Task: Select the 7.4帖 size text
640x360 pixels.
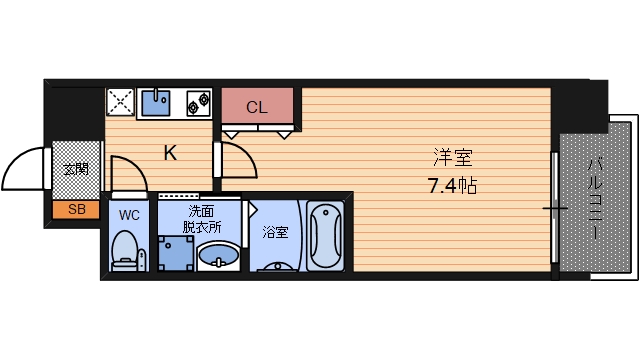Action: (451, 185)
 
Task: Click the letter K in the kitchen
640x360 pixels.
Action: (171, 153)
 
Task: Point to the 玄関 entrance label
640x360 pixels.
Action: (75, 168)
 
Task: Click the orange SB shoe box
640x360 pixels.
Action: (76, 210)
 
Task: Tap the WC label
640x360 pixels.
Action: (130, 214)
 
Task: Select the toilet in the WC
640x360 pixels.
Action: (126, 250)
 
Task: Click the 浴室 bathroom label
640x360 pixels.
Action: (275, 233)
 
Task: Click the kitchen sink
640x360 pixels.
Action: (157, 101)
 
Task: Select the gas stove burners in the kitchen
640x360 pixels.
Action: (196, 101)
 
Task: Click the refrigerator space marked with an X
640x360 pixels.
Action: (122, 103)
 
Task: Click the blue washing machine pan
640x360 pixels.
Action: (176, 255)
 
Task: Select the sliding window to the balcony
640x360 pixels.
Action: (554, 208)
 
